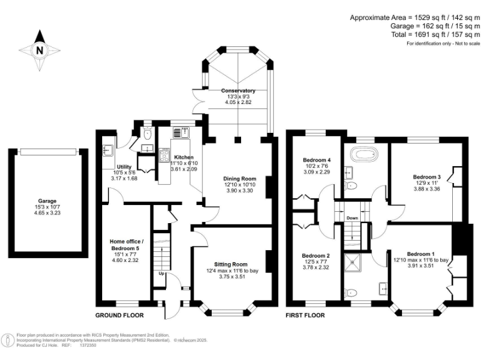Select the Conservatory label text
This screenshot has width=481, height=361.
click(x=238, y=91)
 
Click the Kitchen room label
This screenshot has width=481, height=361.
click(x=184, y=157)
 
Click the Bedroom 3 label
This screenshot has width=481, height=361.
click(x=426, y=177)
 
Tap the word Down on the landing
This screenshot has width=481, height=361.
click(x=352, y=218)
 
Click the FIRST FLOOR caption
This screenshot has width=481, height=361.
click(x=306, y=315)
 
